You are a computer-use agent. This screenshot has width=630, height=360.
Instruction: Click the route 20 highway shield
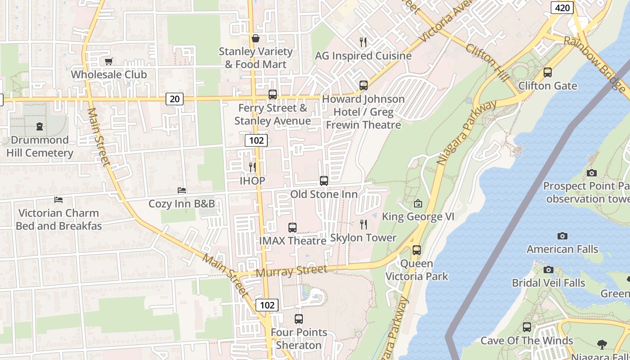click(175, 99)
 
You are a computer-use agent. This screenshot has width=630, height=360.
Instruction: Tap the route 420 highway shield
click(562, 8)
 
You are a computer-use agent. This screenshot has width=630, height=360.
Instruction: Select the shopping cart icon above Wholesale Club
click(108, 62)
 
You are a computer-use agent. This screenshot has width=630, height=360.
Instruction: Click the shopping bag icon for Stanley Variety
click(255, 39)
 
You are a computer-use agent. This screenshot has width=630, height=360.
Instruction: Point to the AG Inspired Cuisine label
click(363, 56)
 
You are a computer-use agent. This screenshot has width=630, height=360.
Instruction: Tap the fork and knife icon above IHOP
click(252, 167)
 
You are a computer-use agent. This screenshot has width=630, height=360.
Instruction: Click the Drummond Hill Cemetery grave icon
click(40, 127)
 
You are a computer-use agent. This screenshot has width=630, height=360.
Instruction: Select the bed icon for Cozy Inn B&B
click(182, 191)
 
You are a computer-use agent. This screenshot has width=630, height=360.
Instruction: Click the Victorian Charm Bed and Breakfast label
click(58, 219)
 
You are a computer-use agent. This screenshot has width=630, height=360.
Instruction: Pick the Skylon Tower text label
click(363, 238)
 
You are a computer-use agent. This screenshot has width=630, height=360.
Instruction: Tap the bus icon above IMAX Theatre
click(292, 228)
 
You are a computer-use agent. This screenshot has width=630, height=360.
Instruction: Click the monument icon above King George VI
click(418, 204)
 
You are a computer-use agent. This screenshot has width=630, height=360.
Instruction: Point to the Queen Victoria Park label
click(417, 270)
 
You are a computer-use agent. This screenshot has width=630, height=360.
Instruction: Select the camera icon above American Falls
click(562, 236)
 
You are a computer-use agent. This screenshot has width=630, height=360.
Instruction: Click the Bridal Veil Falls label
click(548, 283)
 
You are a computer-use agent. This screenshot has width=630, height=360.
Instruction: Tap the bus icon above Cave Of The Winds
click(526, 328)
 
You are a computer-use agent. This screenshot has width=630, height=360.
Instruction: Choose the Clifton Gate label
click(547, 85)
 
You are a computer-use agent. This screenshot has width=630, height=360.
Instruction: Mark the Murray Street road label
click(291, 271)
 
